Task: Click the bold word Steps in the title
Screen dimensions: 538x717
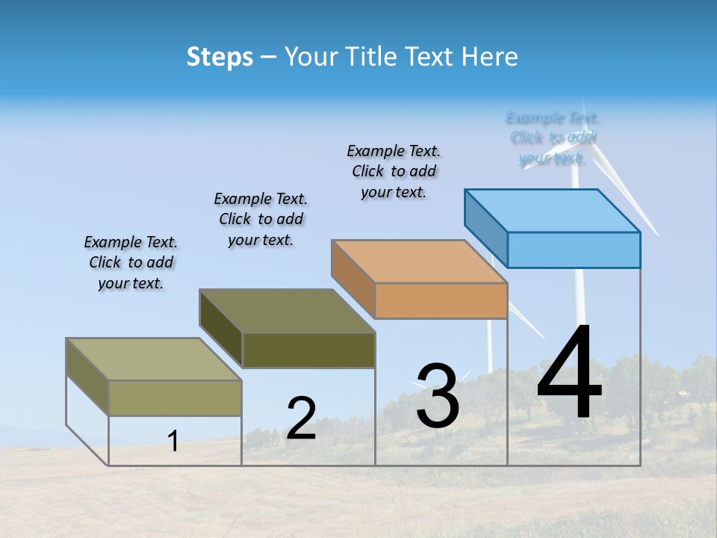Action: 220,57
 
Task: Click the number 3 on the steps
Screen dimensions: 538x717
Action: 437,396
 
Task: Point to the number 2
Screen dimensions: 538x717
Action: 301,418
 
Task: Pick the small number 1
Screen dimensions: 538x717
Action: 173,442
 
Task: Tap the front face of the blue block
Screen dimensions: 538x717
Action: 574,250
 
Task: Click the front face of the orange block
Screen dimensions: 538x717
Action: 441,300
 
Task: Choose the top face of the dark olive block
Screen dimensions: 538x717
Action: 288,311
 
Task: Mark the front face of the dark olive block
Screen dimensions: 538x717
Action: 308,350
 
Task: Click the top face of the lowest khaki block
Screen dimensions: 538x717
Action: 154,359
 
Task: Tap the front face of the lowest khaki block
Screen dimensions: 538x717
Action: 175,398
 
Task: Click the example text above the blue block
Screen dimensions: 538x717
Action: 553,138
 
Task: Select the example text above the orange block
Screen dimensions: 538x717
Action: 394,171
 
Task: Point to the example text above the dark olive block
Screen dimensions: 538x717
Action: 261,219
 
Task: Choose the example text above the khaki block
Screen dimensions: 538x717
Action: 131,262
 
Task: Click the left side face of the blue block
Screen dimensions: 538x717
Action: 485,228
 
